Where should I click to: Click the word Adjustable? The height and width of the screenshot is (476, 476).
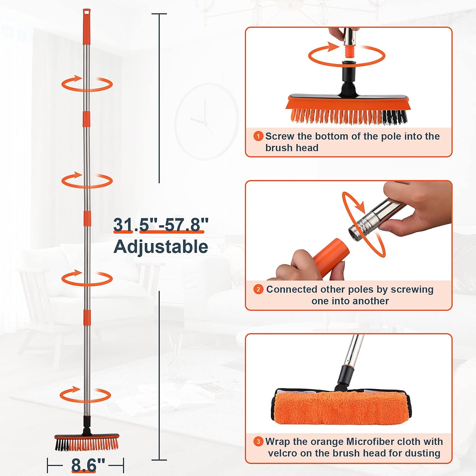tap(161, 247)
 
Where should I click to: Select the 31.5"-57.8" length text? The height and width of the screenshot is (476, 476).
tap(161, 225)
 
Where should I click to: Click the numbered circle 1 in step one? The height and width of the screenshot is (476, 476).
tap(258, 136)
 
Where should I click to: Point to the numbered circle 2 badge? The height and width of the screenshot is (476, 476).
tap(258, 289)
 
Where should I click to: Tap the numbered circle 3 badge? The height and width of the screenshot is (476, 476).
tap(258, 442)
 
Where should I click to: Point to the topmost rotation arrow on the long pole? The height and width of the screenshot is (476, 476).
tap(87, 84)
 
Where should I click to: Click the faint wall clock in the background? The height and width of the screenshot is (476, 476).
tap(206, 121)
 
